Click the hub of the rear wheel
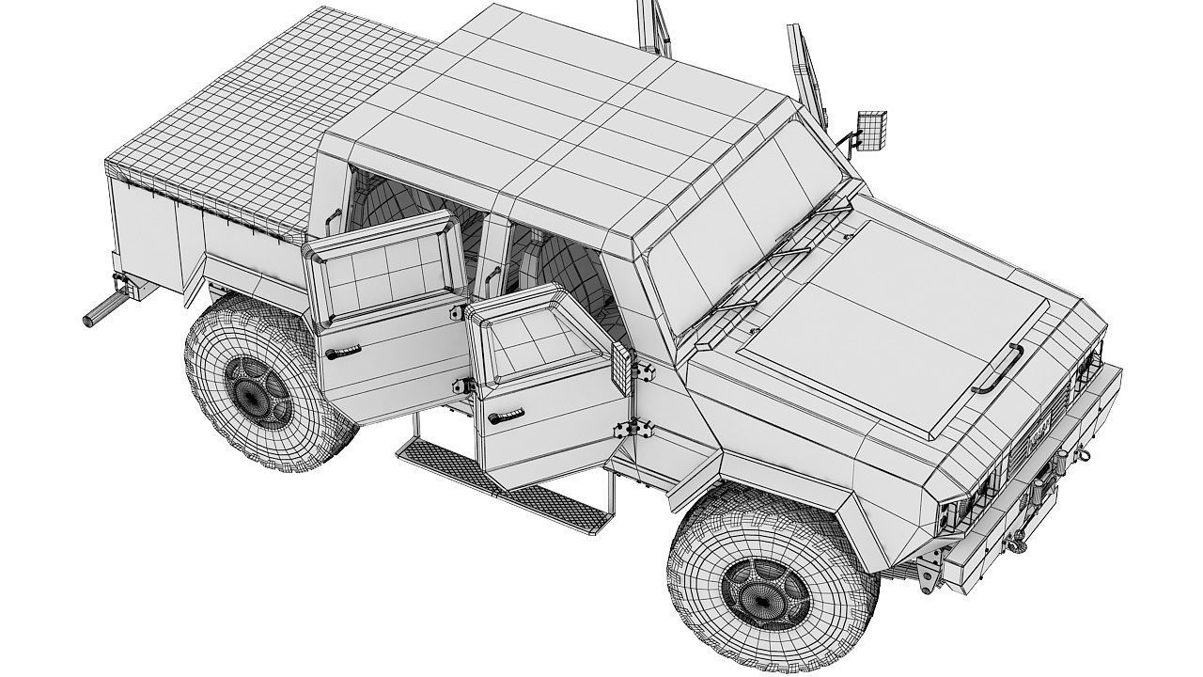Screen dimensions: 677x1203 (x=251, y=396)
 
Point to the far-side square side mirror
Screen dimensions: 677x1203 (x=872, y=131)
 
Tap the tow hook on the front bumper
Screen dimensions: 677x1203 (x=1017, y=542)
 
